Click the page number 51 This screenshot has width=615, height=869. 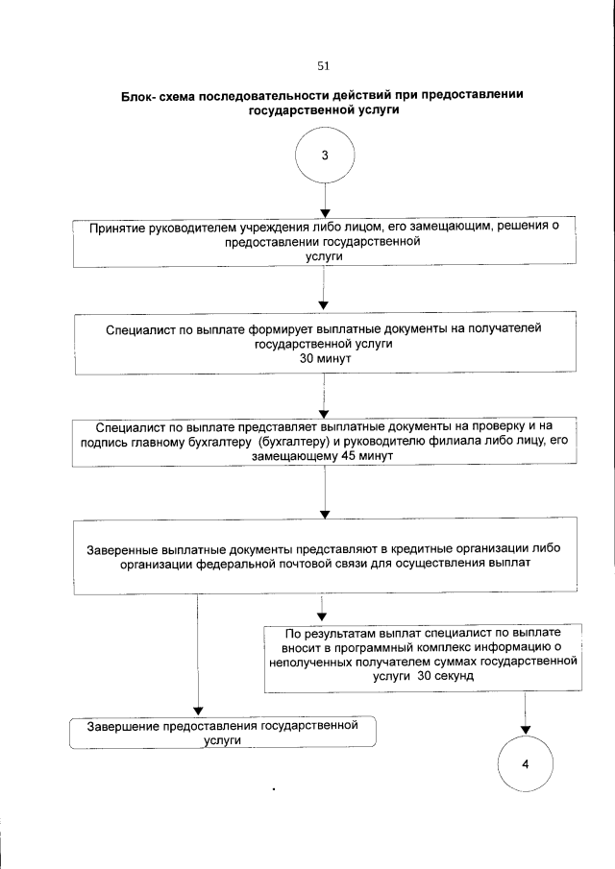click(x=323, y=66)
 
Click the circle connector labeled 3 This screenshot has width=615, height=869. click(x=325, y=157)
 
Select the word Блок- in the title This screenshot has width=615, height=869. click(x=140, y=96)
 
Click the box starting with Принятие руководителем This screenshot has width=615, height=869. click(x=324, y=242)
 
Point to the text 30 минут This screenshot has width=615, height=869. click(x=324, y=357)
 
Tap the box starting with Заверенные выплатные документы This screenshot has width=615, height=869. click(x=324, y=556)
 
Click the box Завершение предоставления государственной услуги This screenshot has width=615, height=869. click(x=222, y=732)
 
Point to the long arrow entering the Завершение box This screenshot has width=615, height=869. click(x=197, y=663)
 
